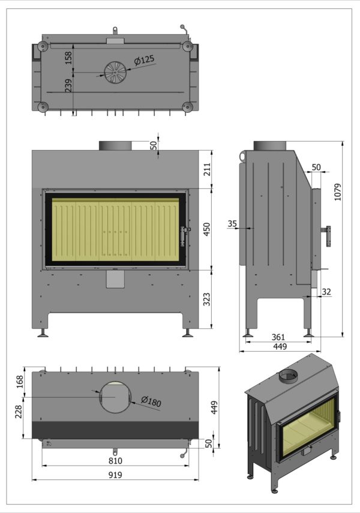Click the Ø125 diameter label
(x=144, y=60)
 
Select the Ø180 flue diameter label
(x=151, y=401)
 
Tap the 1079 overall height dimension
(x=337, y=192)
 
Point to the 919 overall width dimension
(x=115, y=475)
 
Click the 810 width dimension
(x=115, y=461)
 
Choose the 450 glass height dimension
(x=207, y=229)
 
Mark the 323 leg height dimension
(x=207, y=299)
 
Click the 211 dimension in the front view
(x=207, y=169)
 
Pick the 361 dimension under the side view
(x=278, y=337)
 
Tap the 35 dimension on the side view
(x=232, y=224)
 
